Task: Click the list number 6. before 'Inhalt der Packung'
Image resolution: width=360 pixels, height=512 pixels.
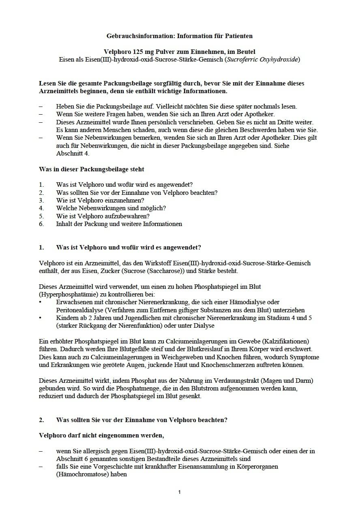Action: click(x=41, y=224)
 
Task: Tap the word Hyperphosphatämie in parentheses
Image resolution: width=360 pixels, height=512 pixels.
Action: click(x=64, y=294)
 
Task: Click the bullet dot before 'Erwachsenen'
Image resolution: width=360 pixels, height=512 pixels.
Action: click(x=41, y=302)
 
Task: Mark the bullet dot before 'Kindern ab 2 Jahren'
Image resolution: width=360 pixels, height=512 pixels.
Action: click(x=41, y=318)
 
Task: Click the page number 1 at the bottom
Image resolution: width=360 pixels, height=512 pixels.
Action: click(x=180, y=492)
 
